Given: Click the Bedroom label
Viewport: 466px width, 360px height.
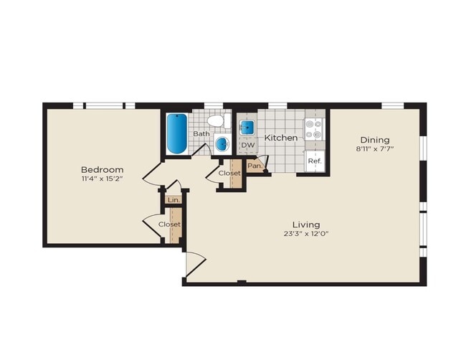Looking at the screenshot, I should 103,170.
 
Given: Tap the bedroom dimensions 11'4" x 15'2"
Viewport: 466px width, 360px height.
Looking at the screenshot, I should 103,180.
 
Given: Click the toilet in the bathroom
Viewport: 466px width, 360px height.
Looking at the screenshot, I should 216,120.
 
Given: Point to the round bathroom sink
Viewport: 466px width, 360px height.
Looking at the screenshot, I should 222,143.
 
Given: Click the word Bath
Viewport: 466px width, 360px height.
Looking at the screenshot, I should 201,133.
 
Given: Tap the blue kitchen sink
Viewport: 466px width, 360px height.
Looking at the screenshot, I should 247,128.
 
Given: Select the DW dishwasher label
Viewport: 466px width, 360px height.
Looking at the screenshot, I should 248,146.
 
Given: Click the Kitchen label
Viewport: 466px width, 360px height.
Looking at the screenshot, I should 281,137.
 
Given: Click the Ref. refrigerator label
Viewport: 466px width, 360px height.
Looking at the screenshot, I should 314,161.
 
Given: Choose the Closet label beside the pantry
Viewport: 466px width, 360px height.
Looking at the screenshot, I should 229,174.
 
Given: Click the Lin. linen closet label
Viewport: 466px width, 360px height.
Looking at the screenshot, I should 172,200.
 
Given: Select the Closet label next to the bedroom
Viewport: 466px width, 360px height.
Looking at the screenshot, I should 170,224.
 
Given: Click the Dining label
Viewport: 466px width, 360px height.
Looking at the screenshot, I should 375,140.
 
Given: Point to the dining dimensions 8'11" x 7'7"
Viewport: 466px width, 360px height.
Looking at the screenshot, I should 375,149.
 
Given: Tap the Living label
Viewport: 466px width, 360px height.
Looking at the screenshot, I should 305,224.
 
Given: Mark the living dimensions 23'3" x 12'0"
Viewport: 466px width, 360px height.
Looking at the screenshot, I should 305,234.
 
